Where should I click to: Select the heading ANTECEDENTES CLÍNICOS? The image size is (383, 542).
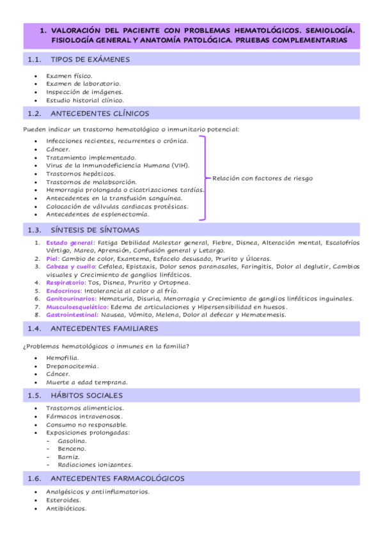(x=99, y=113)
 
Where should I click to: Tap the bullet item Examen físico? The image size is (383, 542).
(x=69, y=75)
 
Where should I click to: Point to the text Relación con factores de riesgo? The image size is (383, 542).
(x=262, y=178)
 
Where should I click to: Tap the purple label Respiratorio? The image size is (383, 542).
(x=66, y=282)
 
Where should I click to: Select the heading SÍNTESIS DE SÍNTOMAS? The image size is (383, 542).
(x=95, y=229)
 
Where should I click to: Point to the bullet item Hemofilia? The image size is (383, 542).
(x=62, y=358)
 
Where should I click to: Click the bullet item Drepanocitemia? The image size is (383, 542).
(x=72, y=366)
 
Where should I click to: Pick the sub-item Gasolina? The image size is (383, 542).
(x=72, y=441)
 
